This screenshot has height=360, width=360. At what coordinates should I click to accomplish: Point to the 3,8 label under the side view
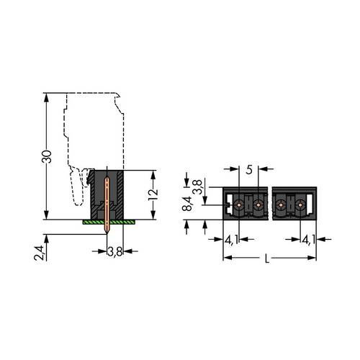(114, 251)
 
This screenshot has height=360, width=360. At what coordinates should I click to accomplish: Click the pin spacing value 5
(249, 171)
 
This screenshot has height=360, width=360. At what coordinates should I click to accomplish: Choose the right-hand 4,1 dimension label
(308, 240)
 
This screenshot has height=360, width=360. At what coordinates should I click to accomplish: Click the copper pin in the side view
(108, 202)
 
